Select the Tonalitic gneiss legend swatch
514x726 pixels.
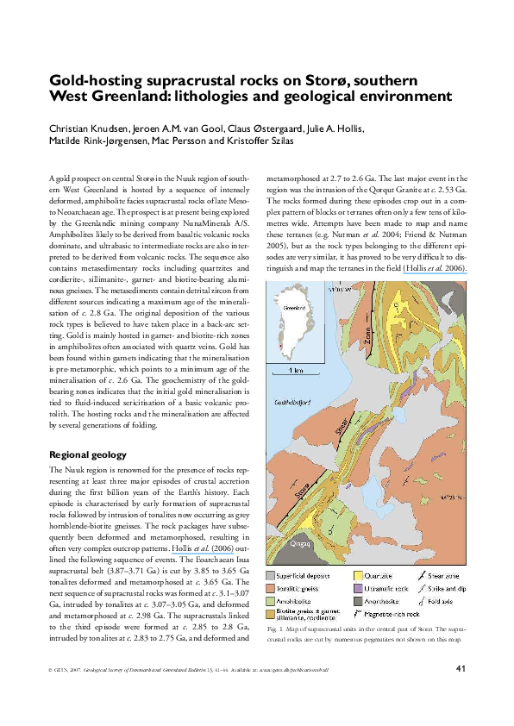[x=271, y=588]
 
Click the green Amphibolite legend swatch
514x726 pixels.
[x=271, y=601]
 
